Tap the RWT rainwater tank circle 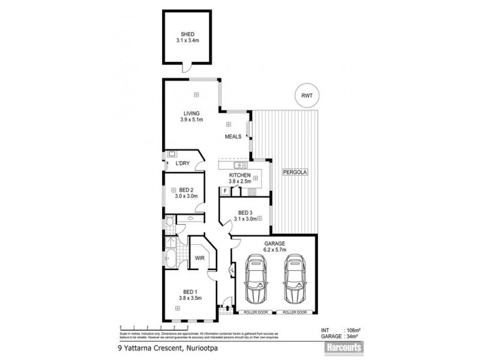pyautogui.click(x=307, y=95)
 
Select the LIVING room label pyautogui.click(x=191, y=113)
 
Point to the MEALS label pyautogui.click(x=233, y=136)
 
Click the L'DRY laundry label pyautogui.click(x=182, y=163)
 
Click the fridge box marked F pyautogui.click(x=225, y=191)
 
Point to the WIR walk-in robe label pyautogui.click(x=199, y=258)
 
